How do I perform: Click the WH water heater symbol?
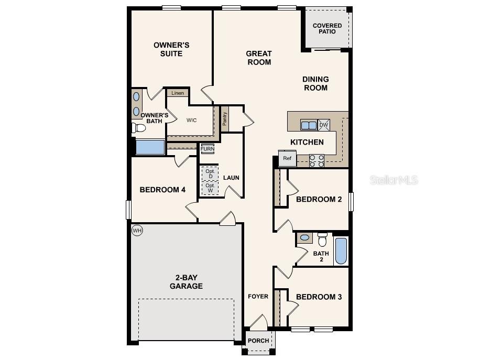(137, 231)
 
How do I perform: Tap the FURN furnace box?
(207, 149)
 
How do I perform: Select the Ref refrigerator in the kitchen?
(287, 158)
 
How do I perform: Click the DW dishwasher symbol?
(324, 125)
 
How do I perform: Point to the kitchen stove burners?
(317, 160)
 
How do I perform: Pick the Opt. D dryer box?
(210, 173)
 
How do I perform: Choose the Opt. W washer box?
(210, 188)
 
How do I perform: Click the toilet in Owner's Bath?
(139, 128)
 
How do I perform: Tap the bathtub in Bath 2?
(341, 252)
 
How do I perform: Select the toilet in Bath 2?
(322, 240)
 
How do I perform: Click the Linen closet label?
(178, 93)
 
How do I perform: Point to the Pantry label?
(225, 119)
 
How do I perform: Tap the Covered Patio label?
(327, 28)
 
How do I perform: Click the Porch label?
(258, 341)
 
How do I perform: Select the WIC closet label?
(192, 120)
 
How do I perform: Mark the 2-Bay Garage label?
(186, 282)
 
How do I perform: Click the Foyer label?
(258, 297)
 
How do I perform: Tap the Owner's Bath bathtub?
(150, 147)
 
